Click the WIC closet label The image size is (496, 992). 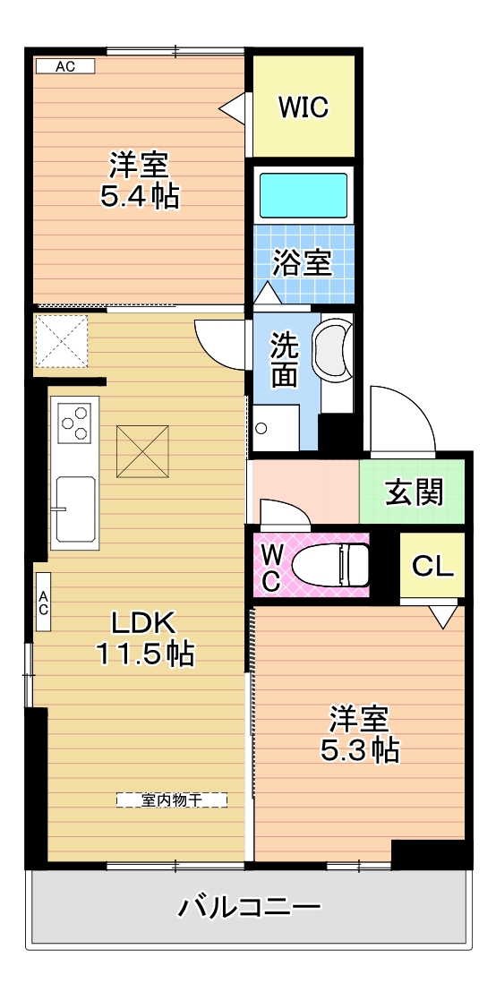[x=304, y=107]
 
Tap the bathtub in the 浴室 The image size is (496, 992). [x=304, y=196]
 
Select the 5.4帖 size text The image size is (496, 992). [x=139, y=197]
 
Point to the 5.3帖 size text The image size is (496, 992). [x=359, y=750]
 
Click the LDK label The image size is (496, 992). [x=143, y=624]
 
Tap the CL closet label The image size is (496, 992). [x=433, y=566]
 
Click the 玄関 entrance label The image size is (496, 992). [x=415, y=492]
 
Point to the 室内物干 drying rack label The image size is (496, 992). [x=171, y=800]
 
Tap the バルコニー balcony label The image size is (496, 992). [x=249, y=909]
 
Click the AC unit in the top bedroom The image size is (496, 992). [x=65, y=65]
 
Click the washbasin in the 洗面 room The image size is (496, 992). [x=332, y=347]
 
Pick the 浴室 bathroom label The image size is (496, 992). [x=303, y=262]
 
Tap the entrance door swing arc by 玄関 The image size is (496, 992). [x=411, y=405]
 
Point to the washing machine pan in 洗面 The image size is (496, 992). [x=276, y=428]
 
